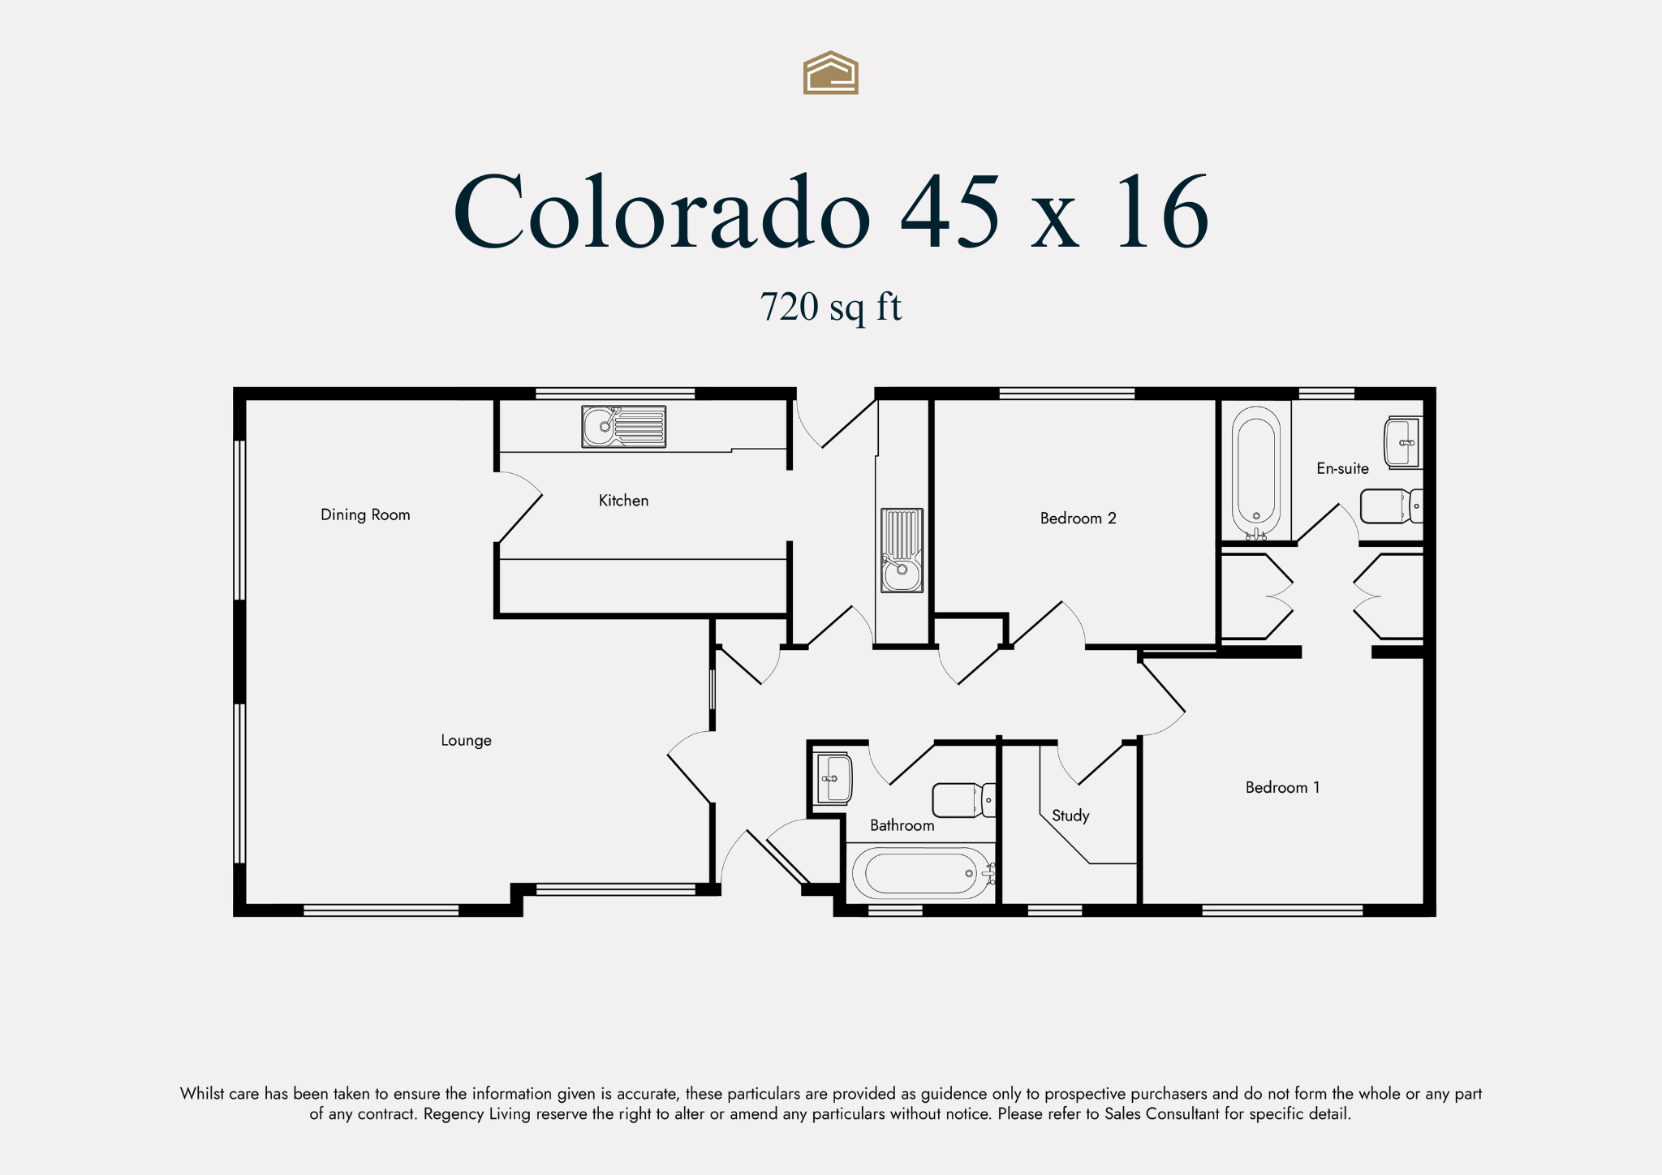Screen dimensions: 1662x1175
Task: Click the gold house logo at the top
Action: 831,73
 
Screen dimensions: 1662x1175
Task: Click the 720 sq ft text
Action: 831,308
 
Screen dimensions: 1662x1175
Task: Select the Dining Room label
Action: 365,514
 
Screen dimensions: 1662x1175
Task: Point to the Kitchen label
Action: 623,501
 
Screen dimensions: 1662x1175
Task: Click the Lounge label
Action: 466,740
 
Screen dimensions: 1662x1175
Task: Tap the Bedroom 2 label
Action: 1078,518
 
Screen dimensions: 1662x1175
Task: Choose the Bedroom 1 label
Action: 1282,787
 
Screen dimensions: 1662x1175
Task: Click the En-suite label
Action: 1342,468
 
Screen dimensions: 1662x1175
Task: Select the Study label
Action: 1070,816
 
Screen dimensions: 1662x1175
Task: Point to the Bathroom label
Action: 902,825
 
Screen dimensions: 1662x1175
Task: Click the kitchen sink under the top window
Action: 623,427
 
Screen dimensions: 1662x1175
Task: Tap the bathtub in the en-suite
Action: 1256,472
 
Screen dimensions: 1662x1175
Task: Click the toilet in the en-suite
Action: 1391,506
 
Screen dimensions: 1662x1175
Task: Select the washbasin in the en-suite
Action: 1402,442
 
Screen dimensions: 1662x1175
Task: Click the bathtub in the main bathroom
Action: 923,873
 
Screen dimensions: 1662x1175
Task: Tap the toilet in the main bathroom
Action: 964,800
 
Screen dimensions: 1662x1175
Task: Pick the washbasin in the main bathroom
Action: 833,778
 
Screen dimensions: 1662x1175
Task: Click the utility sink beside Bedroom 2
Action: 902,550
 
